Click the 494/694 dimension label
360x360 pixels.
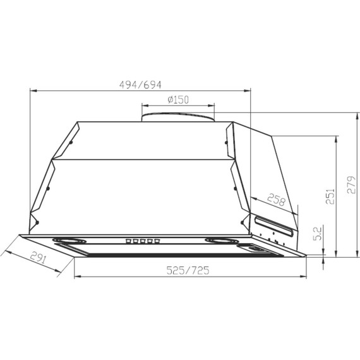[140, 85]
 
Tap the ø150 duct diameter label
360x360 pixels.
[178, 100]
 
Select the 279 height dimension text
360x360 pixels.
[351, 184]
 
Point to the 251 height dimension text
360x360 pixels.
[330, 196]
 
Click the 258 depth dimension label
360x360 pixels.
[277, 200]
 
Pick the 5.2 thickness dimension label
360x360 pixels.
[318, 234]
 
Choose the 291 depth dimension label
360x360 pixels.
[39, 258]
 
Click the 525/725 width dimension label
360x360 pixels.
[188, 270]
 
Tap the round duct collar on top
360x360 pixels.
[178, 117]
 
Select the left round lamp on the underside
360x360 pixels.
[69, 241]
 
